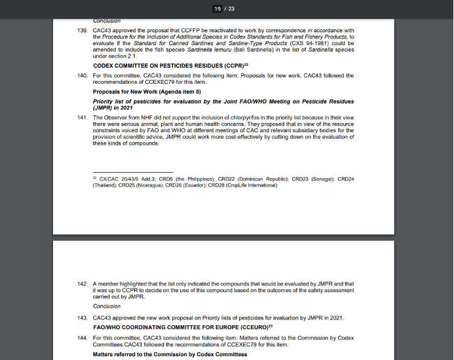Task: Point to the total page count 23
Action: (x=231, y=9)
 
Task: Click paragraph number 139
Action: (x=82, y=31)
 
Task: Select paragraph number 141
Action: (x=82, y=117)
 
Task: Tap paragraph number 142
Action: (x=82, y=283)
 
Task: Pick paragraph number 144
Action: (x=82, y=336)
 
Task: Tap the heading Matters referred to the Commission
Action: (x=170, y=354)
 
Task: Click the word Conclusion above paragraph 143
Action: (x=106, y=306)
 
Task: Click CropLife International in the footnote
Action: (x=250, y=185)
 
